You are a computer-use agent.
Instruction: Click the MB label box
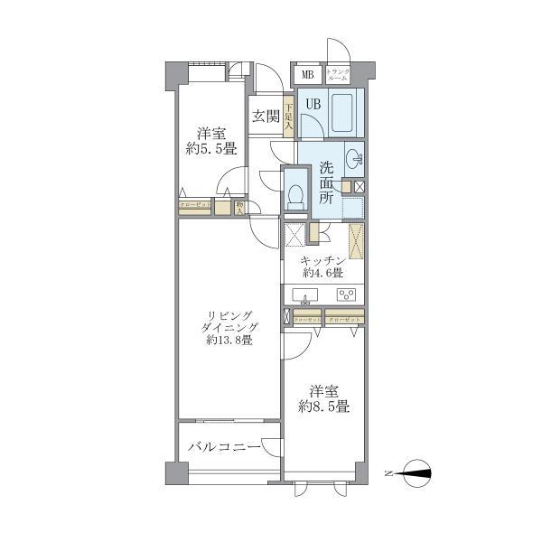(307, 75)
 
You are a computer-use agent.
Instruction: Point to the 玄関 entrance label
(265, 116)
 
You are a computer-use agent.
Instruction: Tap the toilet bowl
(295, 194)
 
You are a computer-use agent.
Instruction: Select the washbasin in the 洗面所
(355, 161)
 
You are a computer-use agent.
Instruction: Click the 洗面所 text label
(327, 184)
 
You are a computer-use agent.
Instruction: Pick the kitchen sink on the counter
(306, 295)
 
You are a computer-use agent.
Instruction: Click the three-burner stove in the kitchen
(346, 295)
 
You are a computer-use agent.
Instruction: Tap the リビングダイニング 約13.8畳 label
(229, 328)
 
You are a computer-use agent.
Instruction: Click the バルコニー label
(224, 447)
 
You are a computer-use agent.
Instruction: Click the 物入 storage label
(239, 207)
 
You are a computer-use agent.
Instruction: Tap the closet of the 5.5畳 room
(195, 206)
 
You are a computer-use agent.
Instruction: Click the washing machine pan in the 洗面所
(353, 209)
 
